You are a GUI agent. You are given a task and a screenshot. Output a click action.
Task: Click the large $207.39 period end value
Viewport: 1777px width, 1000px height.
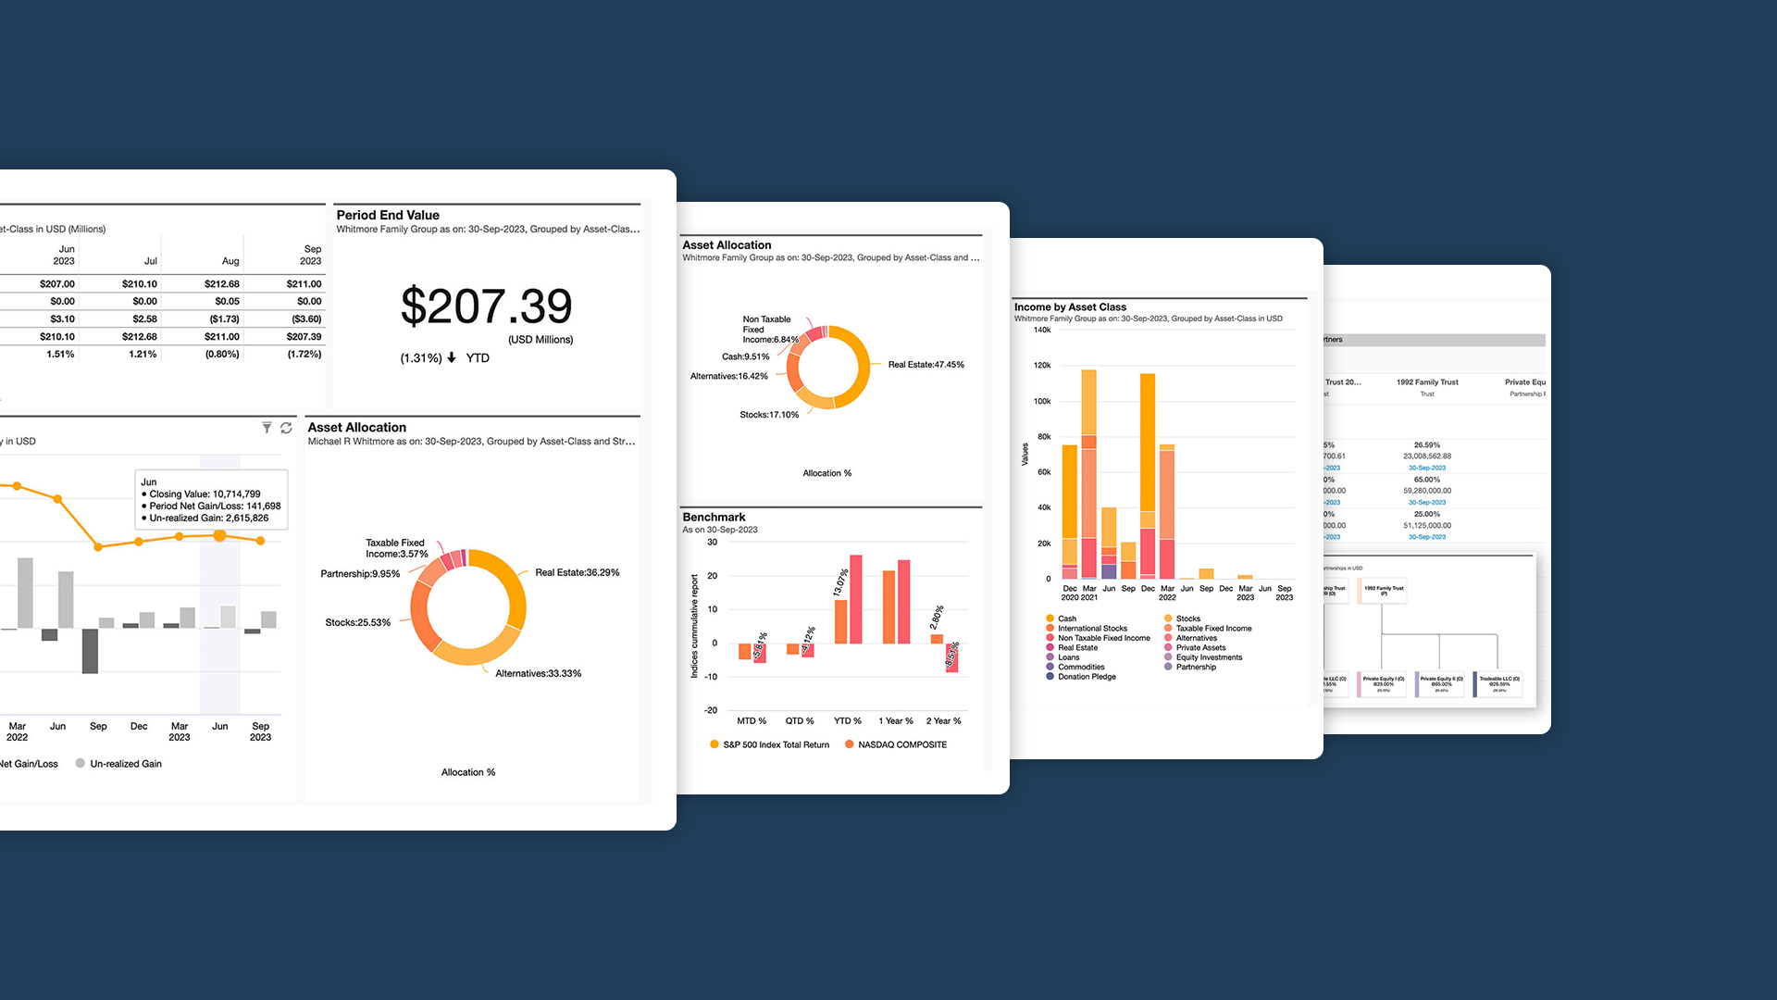(x=486, y=306)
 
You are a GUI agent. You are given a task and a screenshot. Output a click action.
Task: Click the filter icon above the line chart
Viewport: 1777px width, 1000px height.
(x=267, y=428)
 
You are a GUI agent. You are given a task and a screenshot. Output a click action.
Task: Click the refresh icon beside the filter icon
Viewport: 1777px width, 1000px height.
(x=286, y=428)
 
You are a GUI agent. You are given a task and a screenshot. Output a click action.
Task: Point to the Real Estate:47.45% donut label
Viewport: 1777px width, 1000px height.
(x=926, y=365)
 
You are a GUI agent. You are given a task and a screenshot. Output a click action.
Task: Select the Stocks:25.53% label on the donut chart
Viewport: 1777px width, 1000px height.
(x=357, y=623)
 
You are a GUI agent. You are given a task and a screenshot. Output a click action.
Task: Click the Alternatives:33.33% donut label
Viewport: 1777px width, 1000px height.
(x=538, y=674)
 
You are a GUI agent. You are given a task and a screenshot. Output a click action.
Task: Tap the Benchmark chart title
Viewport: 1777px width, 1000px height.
(x=714, y=518)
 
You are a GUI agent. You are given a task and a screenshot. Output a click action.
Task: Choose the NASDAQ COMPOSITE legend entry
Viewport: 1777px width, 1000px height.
(x=901, y=745)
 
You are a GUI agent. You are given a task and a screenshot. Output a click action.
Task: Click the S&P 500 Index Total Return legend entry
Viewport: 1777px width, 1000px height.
(x=776, y=745)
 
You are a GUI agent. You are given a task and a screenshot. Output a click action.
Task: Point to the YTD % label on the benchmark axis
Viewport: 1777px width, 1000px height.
(x=847, y=721)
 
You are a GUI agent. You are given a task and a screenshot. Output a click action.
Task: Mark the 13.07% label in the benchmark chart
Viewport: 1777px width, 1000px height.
(x=840, y=582)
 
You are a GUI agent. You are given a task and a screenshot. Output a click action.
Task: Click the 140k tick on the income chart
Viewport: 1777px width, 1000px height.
(x=1042, y=331)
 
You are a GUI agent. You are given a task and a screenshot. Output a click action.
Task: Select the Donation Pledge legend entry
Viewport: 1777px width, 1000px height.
(x=1087, y=677)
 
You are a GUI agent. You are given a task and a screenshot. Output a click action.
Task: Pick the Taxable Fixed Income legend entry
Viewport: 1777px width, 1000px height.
(x=1213, y=629)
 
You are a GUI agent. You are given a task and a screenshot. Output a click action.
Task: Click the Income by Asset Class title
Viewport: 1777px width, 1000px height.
(x=1070, y=307)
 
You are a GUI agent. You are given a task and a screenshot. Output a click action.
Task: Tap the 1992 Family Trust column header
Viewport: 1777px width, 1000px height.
(x=1427, y=382)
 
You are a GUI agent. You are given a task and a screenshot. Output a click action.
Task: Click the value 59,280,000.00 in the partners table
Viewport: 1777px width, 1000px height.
(x=1427, y=491)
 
